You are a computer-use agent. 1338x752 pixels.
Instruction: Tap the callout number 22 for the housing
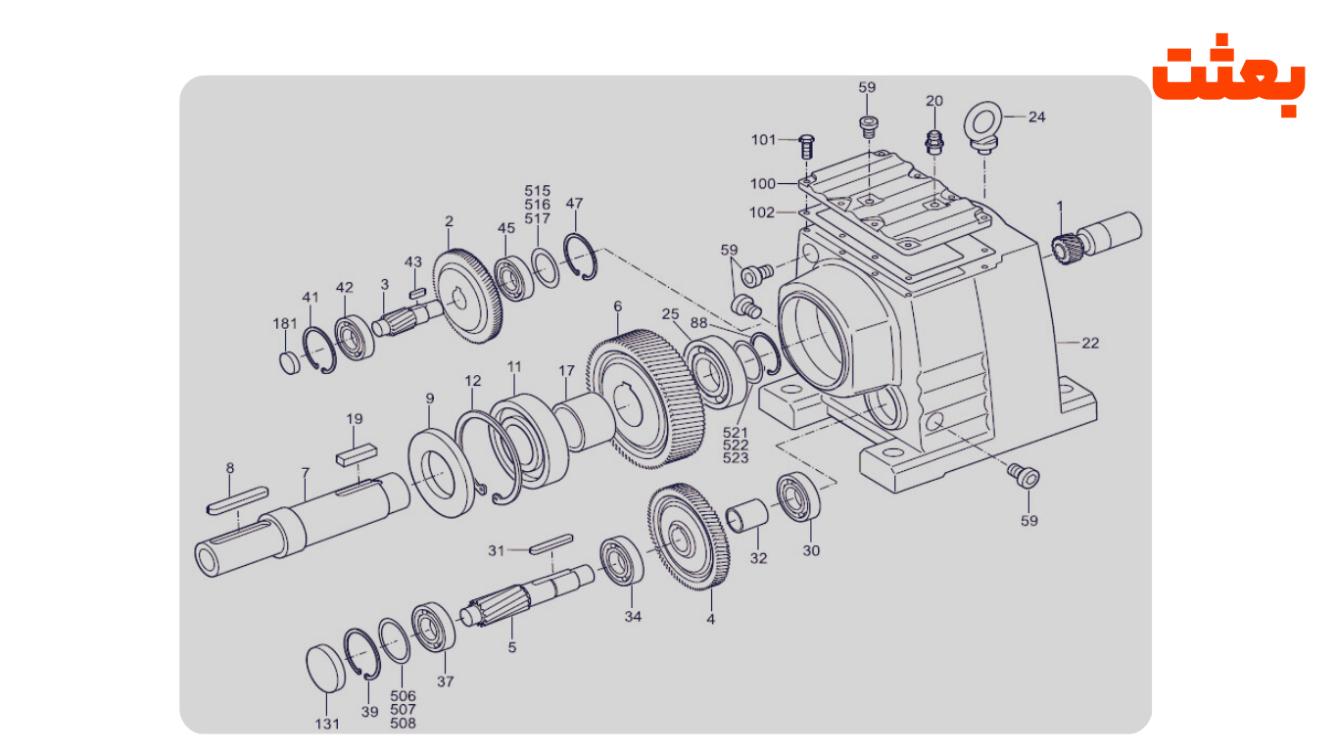click(1090, 343)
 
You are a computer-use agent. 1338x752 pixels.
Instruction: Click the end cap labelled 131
click(326, 668)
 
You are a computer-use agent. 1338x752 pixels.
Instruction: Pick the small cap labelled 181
click(289, 362)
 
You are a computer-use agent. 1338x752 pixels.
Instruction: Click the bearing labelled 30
click(799, 497)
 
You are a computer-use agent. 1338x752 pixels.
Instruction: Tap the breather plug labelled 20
click(934, 141)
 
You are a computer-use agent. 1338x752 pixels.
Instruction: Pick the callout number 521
click(736, 432)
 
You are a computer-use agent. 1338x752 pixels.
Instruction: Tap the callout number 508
click(403, 724)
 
